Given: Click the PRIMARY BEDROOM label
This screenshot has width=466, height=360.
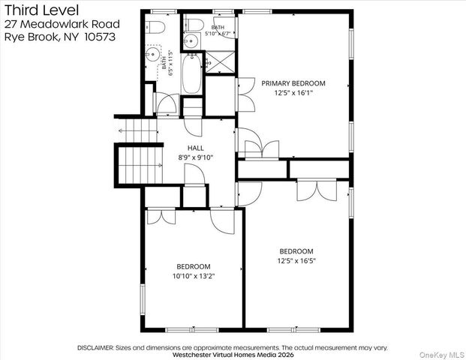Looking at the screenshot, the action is point(293,83).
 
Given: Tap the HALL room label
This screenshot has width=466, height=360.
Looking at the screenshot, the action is point(196,148).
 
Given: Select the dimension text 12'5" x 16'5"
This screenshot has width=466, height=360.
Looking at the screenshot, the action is point(296,261).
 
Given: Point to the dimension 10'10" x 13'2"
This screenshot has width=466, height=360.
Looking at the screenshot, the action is point(194,276).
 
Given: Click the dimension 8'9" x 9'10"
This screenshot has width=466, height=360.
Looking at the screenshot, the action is point(196,157).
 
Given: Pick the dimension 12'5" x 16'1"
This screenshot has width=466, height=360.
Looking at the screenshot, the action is point(293,93).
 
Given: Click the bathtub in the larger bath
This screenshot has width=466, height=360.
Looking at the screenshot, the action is point(192,73).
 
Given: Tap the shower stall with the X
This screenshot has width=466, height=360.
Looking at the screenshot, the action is point(220,61).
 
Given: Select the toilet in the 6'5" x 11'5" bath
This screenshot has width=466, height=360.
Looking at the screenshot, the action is point(155,27).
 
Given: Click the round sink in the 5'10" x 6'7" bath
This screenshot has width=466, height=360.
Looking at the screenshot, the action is point(190,40).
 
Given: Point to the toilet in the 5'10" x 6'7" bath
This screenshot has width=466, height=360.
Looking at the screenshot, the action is point(194,25).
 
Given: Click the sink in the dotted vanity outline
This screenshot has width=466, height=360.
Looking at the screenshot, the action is point(152,54).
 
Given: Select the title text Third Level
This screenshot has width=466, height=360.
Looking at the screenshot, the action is point(41,10).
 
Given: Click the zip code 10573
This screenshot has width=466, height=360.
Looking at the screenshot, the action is point(100,37).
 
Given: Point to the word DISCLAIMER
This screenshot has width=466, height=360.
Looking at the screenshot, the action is point(95,347).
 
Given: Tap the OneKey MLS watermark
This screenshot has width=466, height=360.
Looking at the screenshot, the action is point(442,355).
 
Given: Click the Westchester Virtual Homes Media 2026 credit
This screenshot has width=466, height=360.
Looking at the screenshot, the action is point(233,355).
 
